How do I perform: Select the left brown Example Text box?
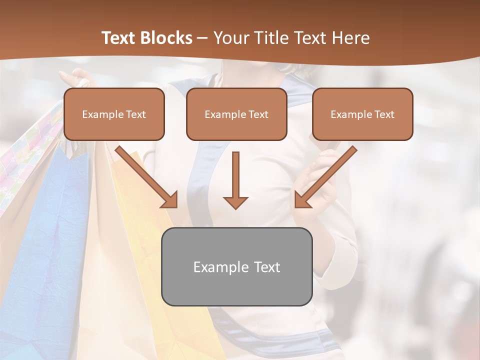pyautogui.click(x=114, y=114)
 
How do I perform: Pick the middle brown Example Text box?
pyautogui.click(x=236, y=114)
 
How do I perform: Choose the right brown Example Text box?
pyautogui.click(x=362, y=114)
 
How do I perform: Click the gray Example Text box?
pyautogui.click(x=236, y=266)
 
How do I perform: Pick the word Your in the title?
pyautogui.click(x=231, y=38)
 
